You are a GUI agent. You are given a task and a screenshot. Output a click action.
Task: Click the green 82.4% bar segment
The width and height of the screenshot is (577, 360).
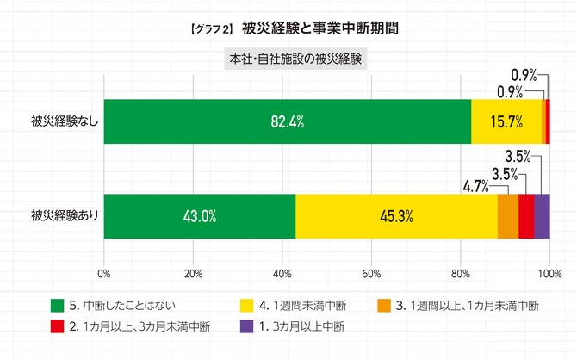287,121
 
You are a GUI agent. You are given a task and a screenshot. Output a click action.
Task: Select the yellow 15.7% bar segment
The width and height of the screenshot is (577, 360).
506,121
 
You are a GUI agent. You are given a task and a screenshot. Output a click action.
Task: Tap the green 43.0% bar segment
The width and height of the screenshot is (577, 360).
199,215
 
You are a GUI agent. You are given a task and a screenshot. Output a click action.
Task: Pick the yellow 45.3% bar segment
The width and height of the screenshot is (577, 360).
396,215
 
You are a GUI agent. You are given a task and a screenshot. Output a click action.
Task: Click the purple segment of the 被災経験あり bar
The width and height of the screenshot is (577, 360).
542,215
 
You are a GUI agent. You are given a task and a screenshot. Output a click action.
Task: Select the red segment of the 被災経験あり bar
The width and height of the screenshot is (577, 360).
526,215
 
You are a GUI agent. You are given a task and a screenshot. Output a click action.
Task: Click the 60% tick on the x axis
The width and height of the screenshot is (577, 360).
371,274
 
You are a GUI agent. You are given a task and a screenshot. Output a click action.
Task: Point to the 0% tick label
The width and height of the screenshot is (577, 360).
104,274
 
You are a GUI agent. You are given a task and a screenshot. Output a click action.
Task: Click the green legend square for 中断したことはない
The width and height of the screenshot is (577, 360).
58,305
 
